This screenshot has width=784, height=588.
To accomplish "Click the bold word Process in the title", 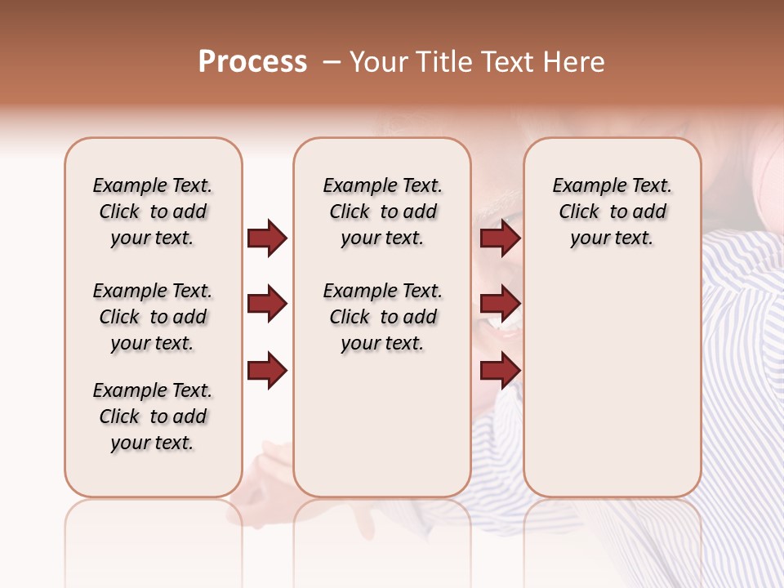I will tap(252, 62).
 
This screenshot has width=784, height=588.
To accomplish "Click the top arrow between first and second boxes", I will tap(267, 238).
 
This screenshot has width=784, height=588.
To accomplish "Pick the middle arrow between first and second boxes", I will tap(267, 305).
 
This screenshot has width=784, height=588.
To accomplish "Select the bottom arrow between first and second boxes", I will tap(267, 371).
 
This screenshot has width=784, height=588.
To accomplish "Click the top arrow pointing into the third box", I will tap(500, 238).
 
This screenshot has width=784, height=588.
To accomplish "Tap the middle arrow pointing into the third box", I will tap(500, 305).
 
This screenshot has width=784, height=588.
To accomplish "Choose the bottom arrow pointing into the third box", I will tap(500, 371).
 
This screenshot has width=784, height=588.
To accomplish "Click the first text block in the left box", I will tap(153, 212).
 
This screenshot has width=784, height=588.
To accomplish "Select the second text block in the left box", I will tap(153, 317).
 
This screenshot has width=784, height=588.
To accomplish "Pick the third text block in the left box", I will tap(153, 416).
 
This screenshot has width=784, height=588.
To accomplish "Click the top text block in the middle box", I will tap(382, 212).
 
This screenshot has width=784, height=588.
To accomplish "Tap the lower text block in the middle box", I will tap(382, 317).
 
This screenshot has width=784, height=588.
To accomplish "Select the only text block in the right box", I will tap(612, 212).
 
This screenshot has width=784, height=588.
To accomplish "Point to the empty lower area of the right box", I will tap(612, 384).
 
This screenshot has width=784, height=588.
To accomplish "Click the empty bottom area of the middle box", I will tap(382, 433).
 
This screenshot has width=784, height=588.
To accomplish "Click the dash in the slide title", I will tap(332, 62).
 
